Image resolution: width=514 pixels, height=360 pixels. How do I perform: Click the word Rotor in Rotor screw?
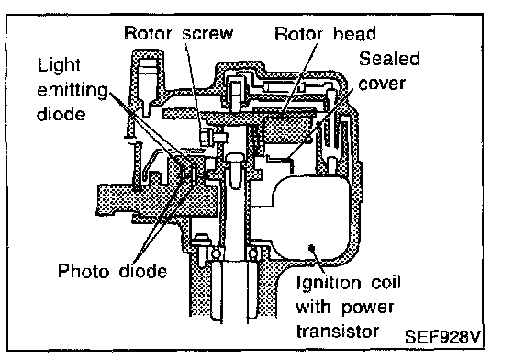[x=148, y=33]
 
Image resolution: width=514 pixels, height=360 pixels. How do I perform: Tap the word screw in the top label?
[x=207, y=34]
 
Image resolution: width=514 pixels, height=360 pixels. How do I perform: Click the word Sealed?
[x=389, y=59]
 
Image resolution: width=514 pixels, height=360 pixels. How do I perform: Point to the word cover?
[x=382, y=84]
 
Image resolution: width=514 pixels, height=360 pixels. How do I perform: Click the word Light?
[x=59, y=65]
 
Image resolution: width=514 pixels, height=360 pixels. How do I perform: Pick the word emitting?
[x=73, y=90]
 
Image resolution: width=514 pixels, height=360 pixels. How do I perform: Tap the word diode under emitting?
[x=61, y=114]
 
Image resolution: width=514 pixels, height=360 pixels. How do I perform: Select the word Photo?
[x=84, y=271]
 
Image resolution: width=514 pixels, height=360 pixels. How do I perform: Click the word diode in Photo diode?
[x=143, y=271]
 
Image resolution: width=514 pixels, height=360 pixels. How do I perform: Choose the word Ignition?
[x=329, y=283]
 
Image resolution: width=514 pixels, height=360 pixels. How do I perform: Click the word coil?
[x=385, y=282]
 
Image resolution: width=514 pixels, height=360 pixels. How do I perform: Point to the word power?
[x=367, y=309]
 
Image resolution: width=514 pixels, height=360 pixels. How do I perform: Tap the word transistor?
[x=338, y=332]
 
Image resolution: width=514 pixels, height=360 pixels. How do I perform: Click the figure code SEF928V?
[x=442, y=336]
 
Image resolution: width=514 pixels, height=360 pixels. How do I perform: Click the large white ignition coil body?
[x=311, y=217]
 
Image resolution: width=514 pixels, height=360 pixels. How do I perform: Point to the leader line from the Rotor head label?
[x=298, y=79]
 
